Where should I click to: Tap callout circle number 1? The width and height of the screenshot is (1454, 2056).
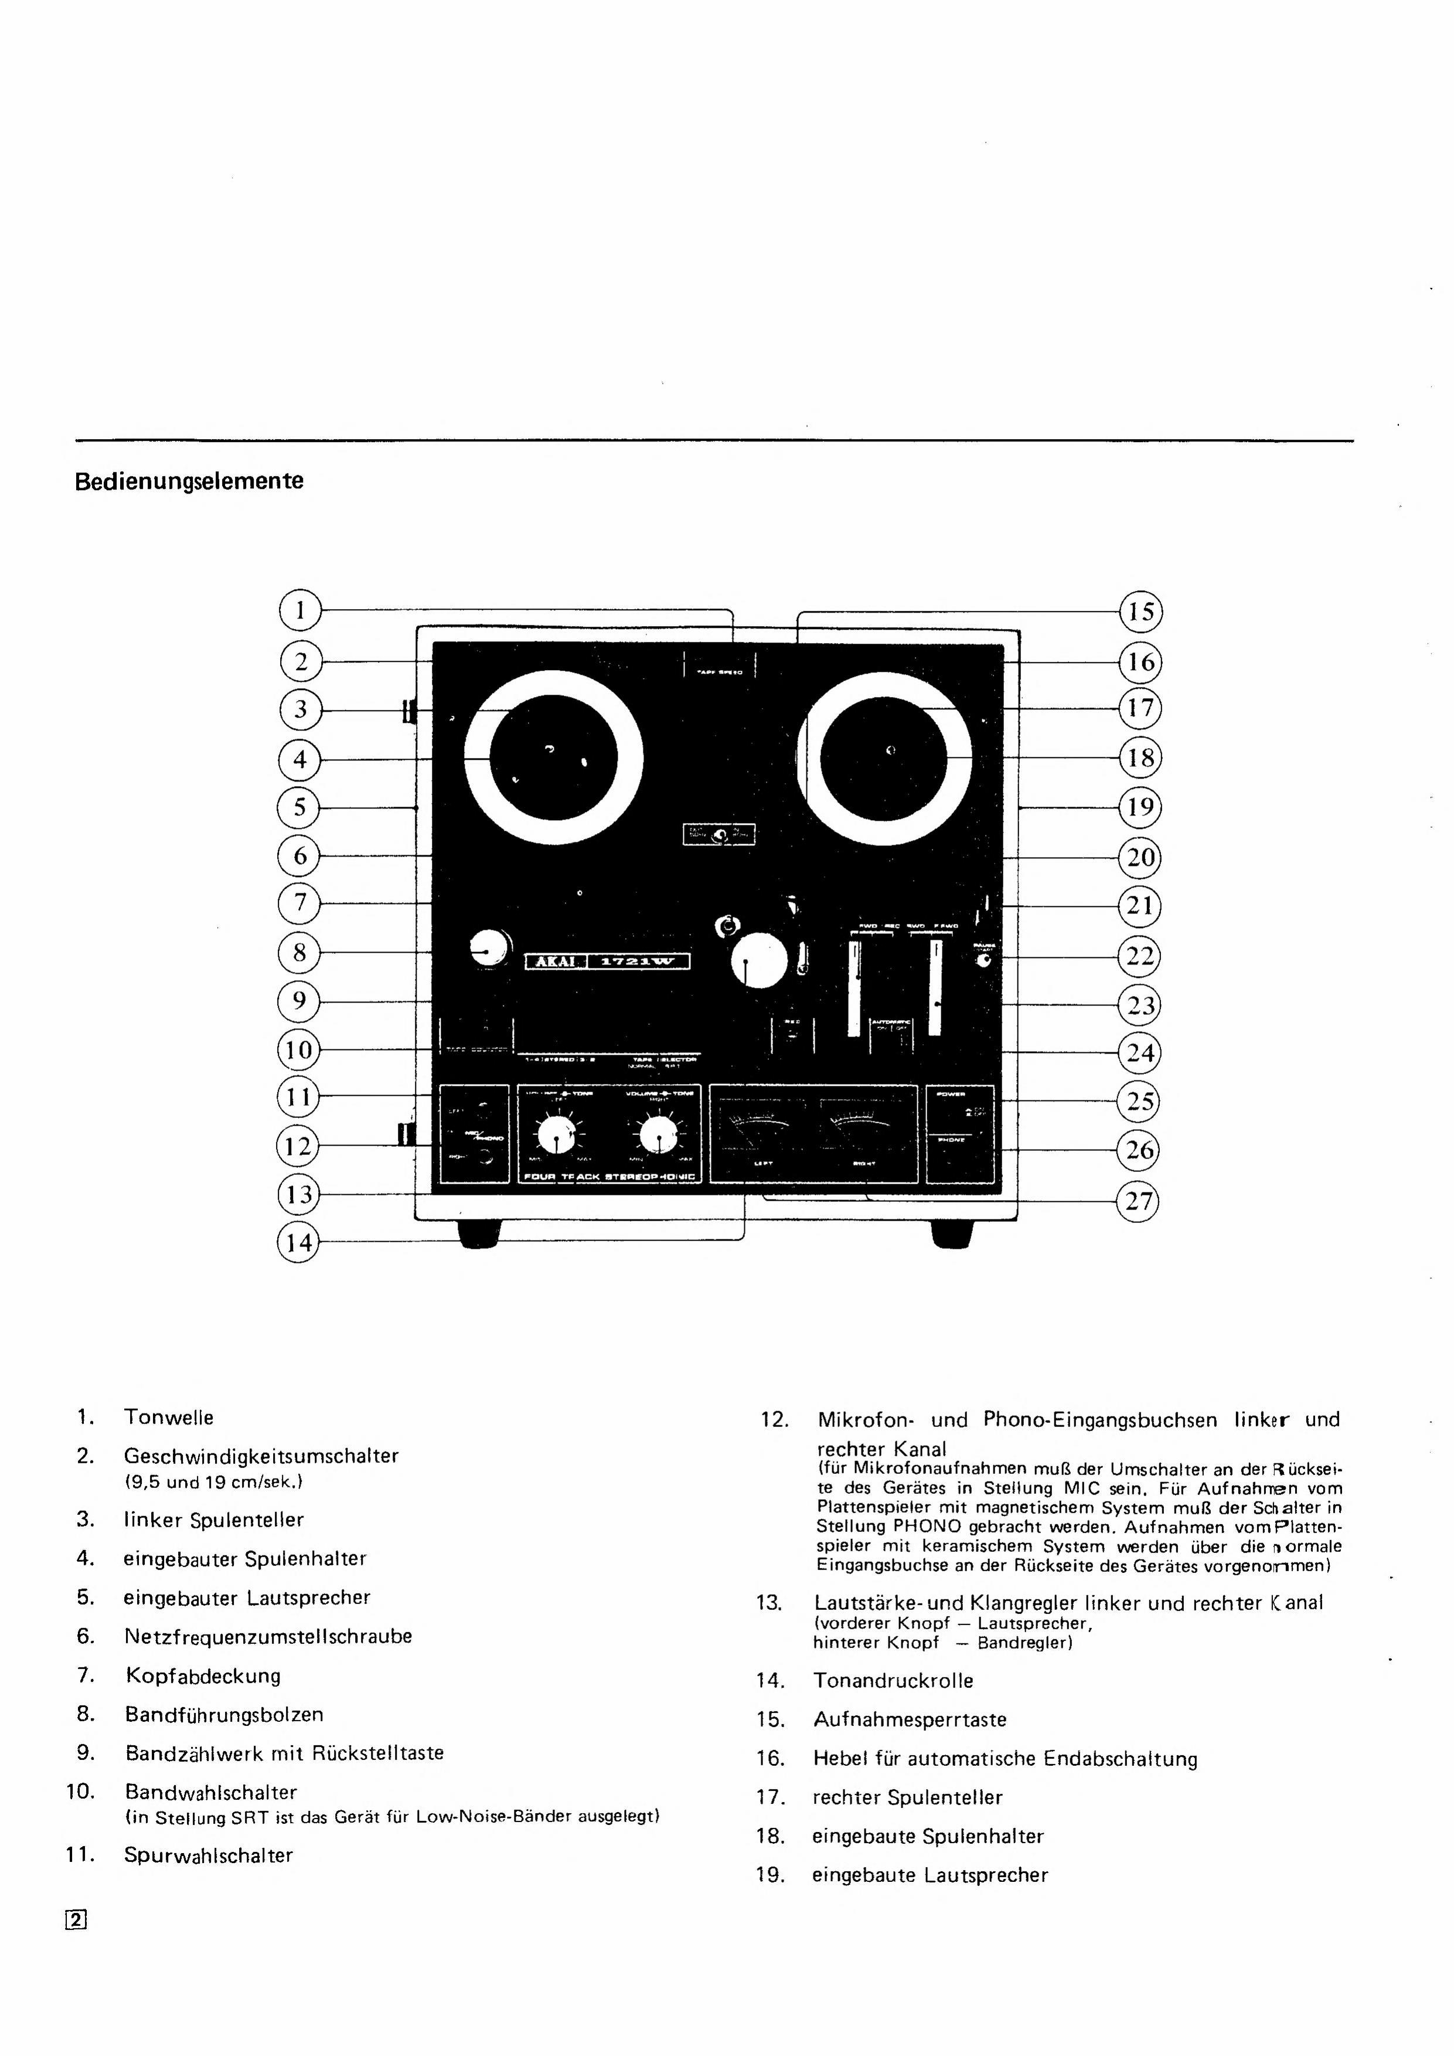tap(300, 611)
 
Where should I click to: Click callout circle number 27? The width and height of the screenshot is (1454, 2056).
tap(1139, 1200)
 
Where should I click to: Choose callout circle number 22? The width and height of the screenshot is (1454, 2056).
tap(1140, 956)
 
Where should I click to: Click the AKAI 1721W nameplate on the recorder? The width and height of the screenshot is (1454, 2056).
tap(607, 961)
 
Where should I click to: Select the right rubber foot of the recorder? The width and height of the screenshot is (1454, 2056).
tap(952, 1232)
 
